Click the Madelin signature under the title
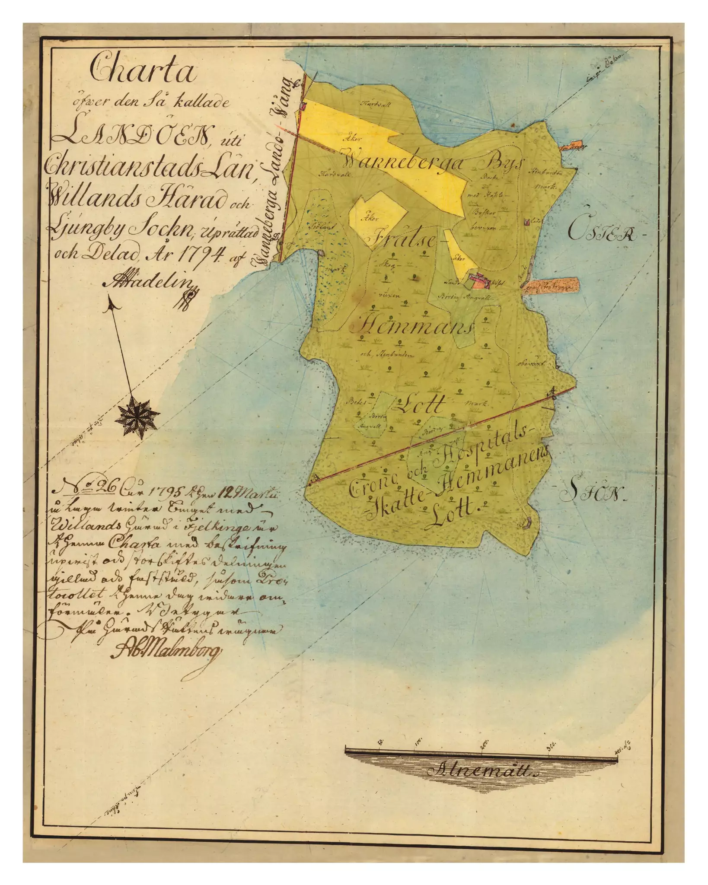pos(149,283)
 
